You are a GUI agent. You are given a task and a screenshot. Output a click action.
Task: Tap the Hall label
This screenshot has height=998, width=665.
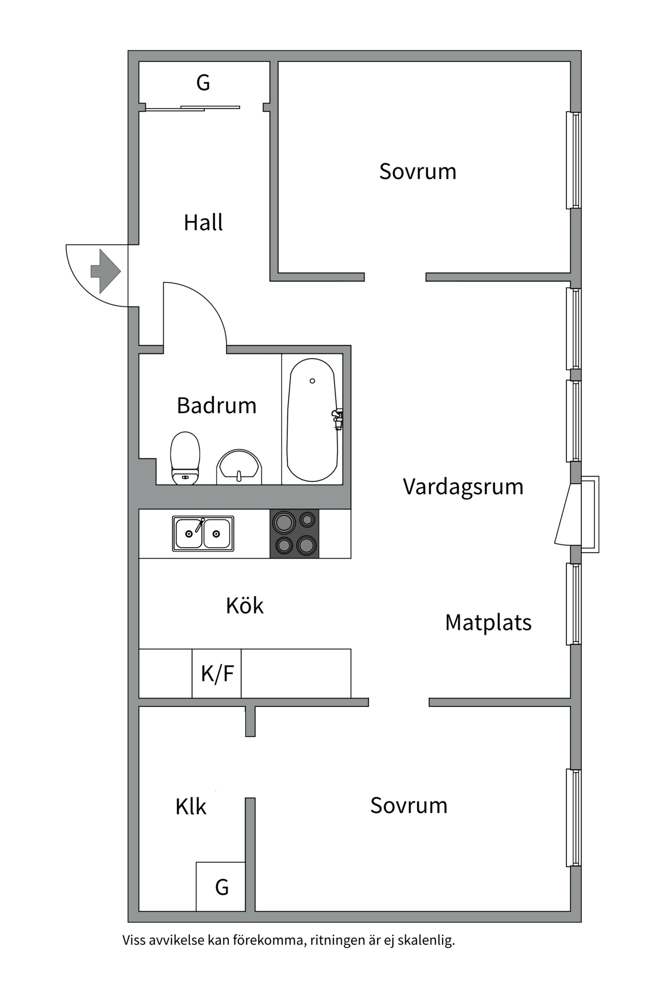pos(203,223)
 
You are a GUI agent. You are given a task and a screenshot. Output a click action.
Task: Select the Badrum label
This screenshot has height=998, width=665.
pos(217,406)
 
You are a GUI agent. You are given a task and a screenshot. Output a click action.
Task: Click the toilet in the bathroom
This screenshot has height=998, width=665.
pos(185,457)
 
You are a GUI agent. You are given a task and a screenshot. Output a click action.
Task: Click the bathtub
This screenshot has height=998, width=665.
pos(312,420)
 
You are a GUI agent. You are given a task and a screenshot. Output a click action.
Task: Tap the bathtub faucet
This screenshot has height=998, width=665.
pos(338,419)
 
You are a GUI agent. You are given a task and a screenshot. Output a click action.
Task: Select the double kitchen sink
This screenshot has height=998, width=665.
pos(203,533)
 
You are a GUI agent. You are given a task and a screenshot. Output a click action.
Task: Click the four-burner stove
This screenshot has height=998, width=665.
pos(295,533)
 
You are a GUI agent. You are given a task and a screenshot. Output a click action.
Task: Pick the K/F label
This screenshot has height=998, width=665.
pos(217,674)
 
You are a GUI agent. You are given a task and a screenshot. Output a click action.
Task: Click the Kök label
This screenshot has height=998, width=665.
pos(244,606)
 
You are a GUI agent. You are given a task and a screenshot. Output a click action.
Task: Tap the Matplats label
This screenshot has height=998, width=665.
pos(488,623)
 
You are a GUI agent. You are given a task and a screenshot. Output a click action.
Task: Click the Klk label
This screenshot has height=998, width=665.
pos(191,807)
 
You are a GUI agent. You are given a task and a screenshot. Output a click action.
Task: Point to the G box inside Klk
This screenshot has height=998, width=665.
pos(221,887)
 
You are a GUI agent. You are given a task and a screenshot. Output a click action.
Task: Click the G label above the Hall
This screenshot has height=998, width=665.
pos(203,83)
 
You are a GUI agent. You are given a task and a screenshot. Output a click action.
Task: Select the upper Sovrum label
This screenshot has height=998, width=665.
pos(418,172)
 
